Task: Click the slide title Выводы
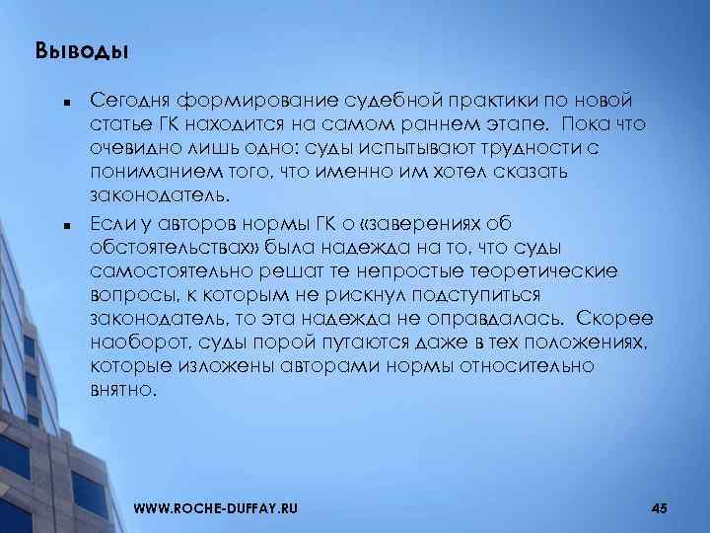(x=82, y=49)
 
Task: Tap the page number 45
(x=660, y=507)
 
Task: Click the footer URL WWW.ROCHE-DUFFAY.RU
(x=214, y=507)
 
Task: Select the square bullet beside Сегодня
(x=61, y=101)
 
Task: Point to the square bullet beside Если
(x=61, y=224)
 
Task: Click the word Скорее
(x=615, y=318)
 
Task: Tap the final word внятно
(x=121, y=390)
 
